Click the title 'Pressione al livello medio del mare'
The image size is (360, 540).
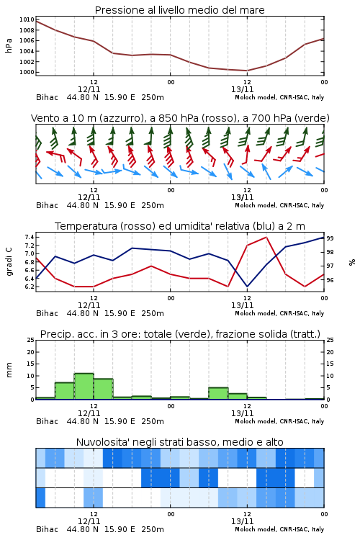click(x=179, y=10)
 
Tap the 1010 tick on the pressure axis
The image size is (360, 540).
click(x=27, y=19)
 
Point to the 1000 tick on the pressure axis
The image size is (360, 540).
click(x=27, y=72)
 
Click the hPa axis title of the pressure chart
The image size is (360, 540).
click(x=9, y=45)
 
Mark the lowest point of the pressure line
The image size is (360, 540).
click(x=247, y=71)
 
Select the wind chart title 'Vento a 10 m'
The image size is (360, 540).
click(x=64, y=118)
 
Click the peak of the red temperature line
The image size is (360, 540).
click(x=266, y=237)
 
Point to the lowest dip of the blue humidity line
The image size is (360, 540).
click(x=247, y=287)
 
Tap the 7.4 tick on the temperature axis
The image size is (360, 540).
click(x=30, y=237)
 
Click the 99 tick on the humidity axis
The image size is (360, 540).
click(x=330, y=238)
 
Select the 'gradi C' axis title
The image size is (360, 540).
click(x=9, y=262)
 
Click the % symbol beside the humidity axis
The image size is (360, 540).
click(x=352, y=262)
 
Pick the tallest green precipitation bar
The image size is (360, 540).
click(x=84, y=387)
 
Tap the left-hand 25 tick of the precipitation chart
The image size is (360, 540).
click(x=31, y=340)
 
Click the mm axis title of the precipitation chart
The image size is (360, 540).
click(x=9, y=370)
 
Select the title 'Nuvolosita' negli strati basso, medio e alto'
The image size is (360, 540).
click(x=179, y=442)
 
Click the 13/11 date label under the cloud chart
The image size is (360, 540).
click(x=242, y=521)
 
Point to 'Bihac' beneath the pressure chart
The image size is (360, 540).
click(x=48, y=97)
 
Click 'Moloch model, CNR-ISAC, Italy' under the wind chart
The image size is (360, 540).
click(x=279, y=205)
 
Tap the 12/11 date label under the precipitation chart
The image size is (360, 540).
click(x=89, y=413)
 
